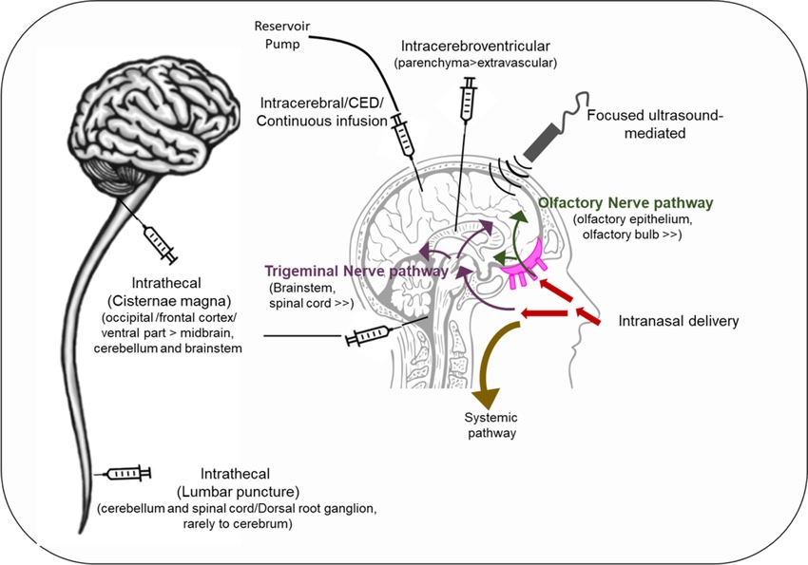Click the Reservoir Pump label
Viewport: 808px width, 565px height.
tap(282, 35)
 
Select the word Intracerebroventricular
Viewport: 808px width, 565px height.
tap(475, 47)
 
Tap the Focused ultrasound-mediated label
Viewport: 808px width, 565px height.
tap(655, 124)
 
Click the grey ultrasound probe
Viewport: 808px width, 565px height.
tap(540, 141)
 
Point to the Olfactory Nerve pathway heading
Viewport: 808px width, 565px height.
tap(625, 203)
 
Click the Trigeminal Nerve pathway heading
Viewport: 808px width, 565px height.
tap(356, 272)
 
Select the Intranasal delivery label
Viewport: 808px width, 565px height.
tap(678, 321)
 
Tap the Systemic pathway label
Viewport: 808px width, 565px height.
tap(491, 425)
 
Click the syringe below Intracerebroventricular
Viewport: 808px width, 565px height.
tap(468, 100)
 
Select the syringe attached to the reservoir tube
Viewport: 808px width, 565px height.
tap(403, 137)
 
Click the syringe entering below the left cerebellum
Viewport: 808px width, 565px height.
tap(162, 244)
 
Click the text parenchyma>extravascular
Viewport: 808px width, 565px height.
tap(475, 64)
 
